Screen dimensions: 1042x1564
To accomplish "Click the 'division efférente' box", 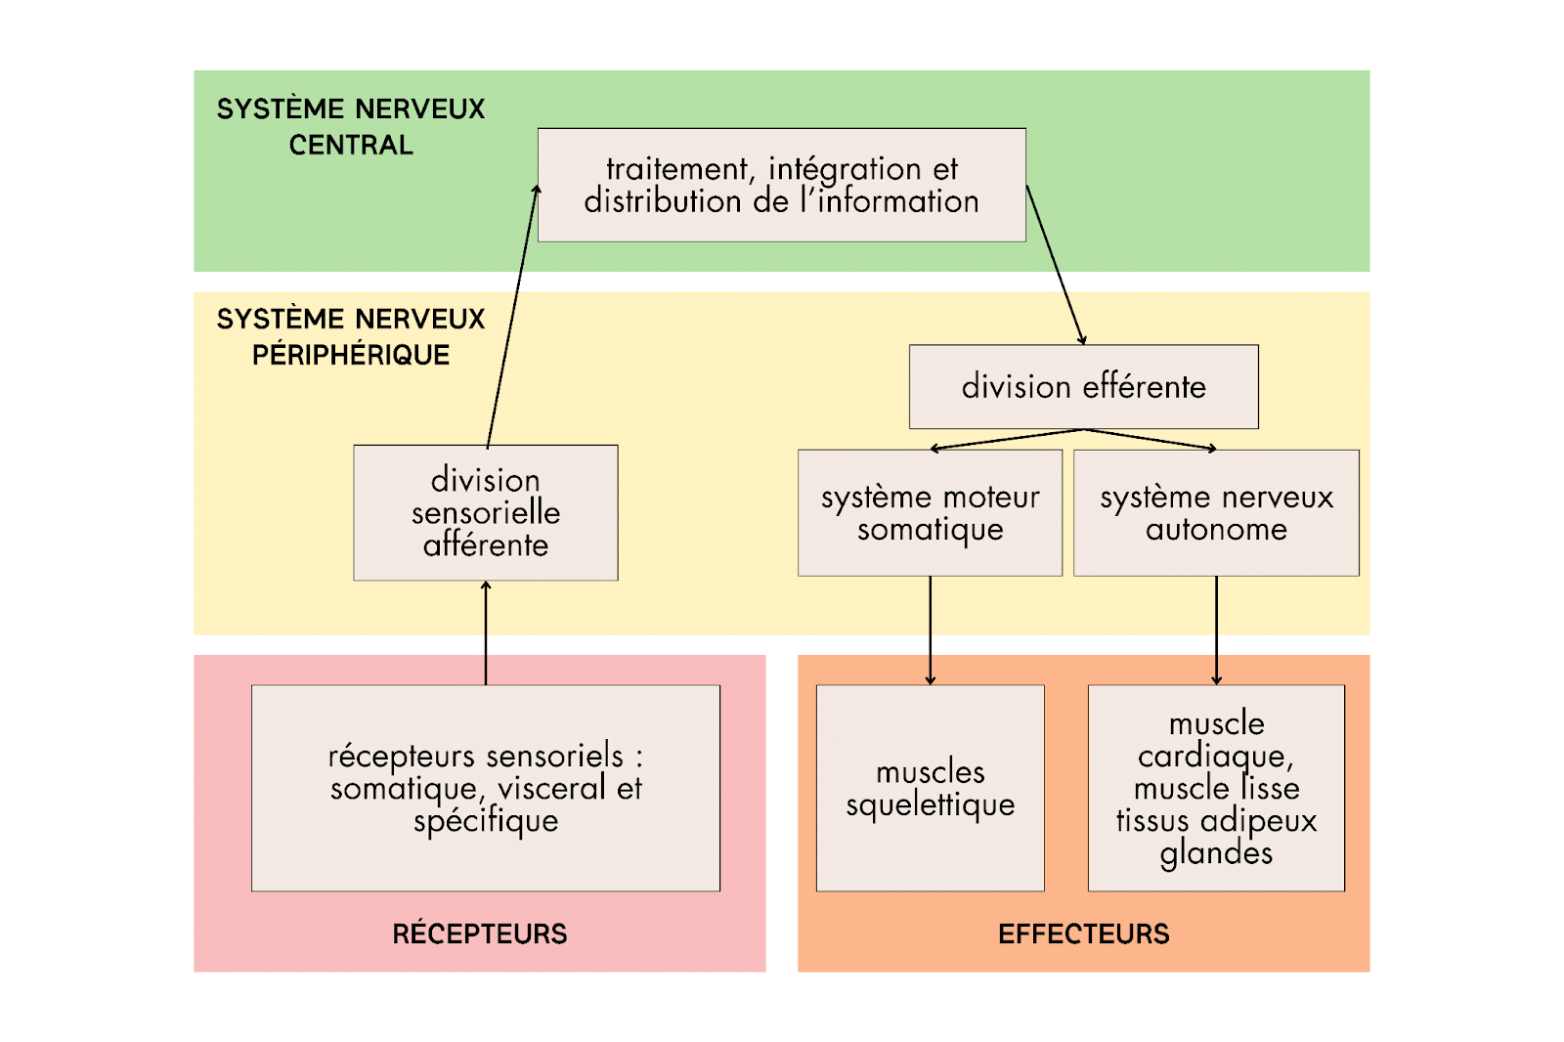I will coord(1083,386).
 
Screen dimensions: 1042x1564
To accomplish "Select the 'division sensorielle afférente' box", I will coord(485,512).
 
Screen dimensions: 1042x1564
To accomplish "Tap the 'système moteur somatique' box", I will coord(930,512).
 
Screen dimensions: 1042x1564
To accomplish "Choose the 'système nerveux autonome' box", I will coord(1216,512).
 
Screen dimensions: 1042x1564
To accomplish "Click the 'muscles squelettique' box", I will coord(930,788).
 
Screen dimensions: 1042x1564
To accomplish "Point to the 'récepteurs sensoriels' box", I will coord(485,788).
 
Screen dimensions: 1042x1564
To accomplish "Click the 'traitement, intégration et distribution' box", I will coord(781,185).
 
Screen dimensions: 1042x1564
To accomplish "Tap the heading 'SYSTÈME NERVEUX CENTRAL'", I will coord(351,126).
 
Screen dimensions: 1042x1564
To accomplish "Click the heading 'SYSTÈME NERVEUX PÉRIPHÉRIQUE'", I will coord(351,336).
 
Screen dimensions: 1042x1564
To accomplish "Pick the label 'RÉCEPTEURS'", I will coord(479,933).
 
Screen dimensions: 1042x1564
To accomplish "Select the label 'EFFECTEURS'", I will coord(1083,933).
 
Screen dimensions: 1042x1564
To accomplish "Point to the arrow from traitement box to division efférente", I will coord(1056,265).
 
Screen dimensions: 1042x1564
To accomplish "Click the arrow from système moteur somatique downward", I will coord(931,630).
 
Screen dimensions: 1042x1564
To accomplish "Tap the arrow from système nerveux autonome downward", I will coord(1216,630).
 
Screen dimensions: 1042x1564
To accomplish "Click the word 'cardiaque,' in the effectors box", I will coord(1215,756).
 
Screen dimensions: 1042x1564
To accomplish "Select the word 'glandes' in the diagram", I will coord(1216,853).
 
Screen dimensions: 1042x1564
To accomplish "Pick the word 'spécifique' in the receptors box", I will coord(486,821).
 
